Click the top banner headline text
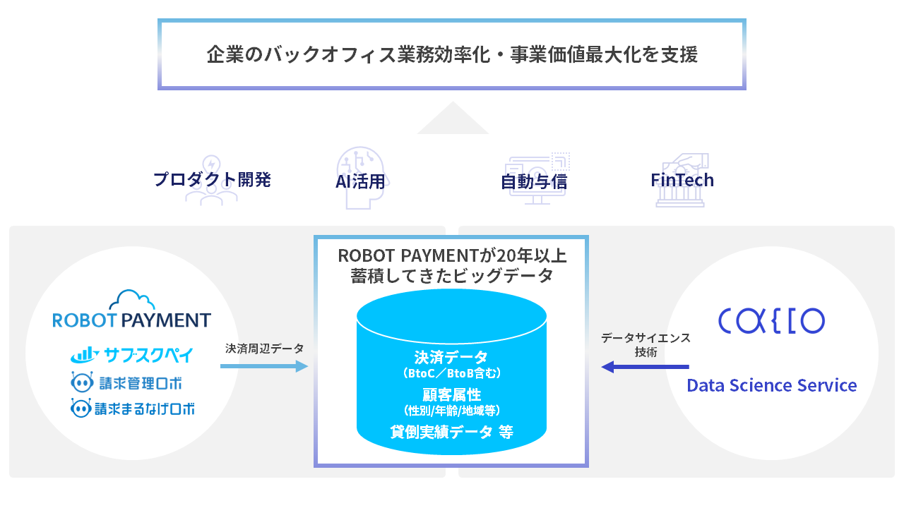[452, 55]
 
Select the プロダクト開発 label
[212, 179]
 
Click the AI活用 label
[360, 181]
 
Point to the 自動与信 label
[534, 181]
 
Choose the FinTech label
[682, 180]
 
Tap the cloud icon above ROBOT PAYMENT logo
[132, 299]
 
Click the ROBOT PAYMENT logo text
[132, 320]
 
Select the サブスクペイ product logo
[132, 354]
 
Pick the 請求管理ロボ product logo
[127, 383]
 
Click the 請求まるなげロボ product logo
[133, 408]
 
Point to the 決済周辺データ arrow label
[265, 349]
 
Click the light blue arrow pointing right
[264, 366]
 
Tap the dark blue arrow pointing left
[644, 366]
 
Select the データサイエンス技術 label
[646, 345]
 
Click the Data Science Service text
[772, 386]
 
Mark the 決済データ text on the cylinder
[451, 357]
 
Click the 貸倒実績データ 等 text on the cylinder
[451, 432]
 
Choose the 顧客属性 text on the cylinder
[451, 394]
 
